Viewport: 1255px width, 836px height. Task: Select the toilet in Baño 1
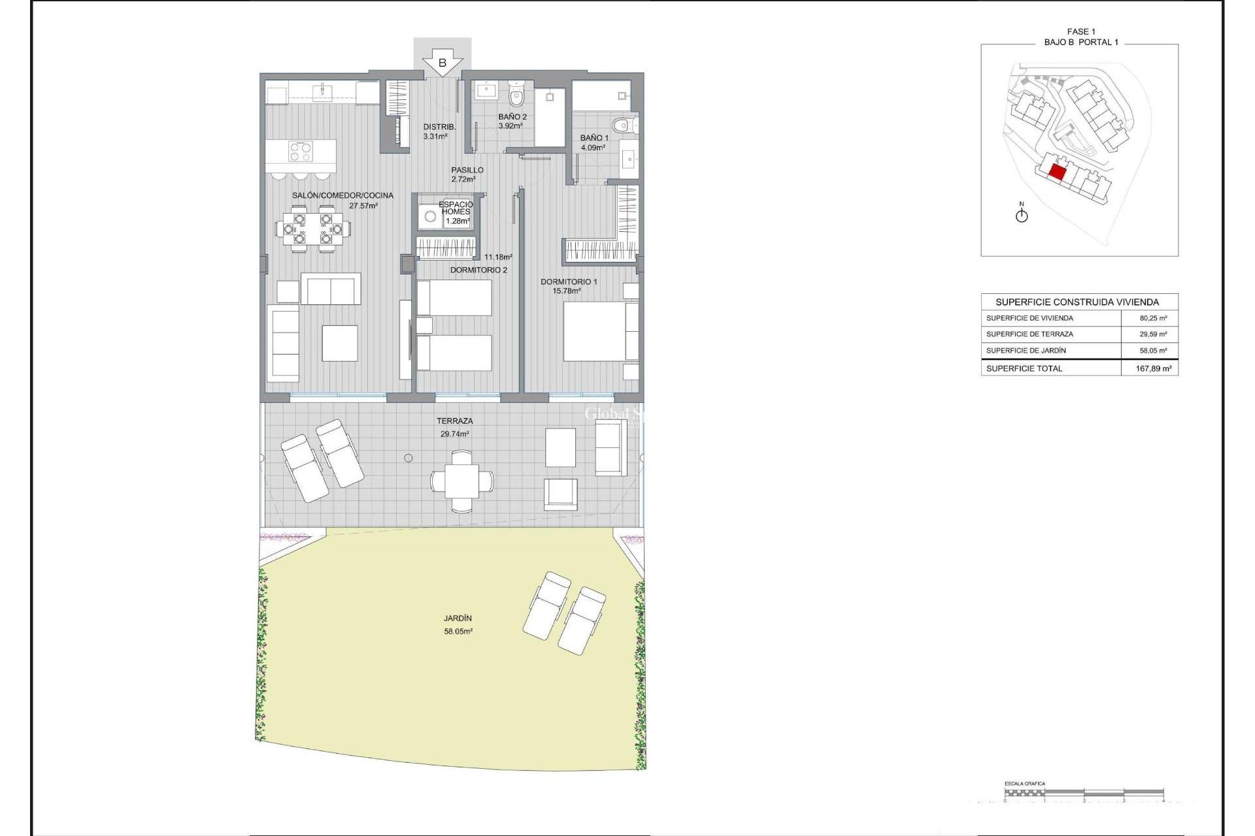click(622, 124)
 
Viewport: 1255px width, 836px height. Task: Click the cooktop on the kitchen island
click(301, 152)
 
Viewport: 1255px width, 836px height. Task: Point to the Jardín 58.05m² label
click(458, 624)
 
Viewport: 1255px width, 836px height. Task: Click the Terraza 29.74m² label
click(455, 427)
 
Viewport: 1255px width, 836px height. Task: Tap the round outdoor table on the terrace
click(462, 481)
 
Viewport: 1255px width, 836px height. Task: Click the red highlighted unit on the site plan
click(1057, 172)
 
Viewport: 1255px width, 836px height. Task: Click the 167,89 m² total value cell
click(1153, 368)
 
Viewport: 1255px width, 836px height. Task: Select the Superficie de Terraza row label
click(1029, 334)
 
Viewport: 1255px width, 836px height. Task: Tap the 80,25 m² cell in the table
click(1153, 318)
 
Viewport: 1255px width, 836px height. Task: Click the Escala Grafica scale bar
click(1084, 793)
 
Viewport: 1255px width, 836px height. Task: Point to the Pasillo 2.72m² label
click(467, 174)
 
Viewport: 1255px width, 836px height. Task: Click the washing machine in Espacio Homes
click(431, 216)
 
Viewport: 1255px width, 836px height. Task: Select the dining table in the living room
click(312, 229)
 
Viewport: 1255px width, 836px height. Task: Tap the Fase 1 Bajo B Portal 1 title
click(1080, 37)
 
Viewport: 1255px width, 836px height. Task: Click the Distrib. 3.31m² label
click(439, 131)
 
